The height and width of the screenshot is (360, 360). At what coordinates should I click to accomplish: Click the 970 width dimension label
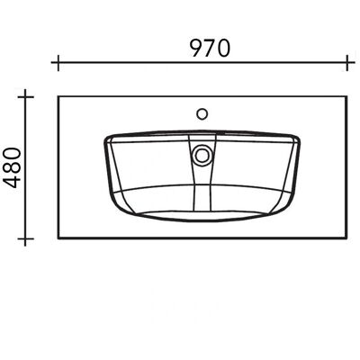click(211, 49)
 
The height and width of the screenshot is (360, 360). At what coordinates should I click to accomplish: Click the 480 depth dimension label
click(12, 167)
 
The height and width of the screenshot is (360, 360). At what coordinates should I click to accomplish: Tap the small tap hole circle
click(202, 114)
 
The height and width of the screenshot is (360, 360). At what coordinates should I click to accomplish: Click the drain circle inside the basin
click(202, 155)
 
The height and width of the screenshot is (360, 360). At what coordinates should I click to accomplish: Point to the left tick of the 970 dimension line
click(58, 63)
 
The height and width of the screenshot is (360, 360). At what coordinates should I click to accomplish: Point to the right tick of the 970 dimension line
click(347, 63)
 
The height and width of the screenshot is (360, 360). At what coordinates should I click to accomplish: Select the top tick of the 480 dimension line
click(25, 97)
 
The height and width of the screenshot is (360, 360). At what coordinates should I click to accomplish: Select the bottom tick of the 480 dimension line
click(25, 238)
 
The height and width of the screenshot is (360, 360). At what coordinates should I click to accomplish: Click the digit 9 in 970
click(197, 49)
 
